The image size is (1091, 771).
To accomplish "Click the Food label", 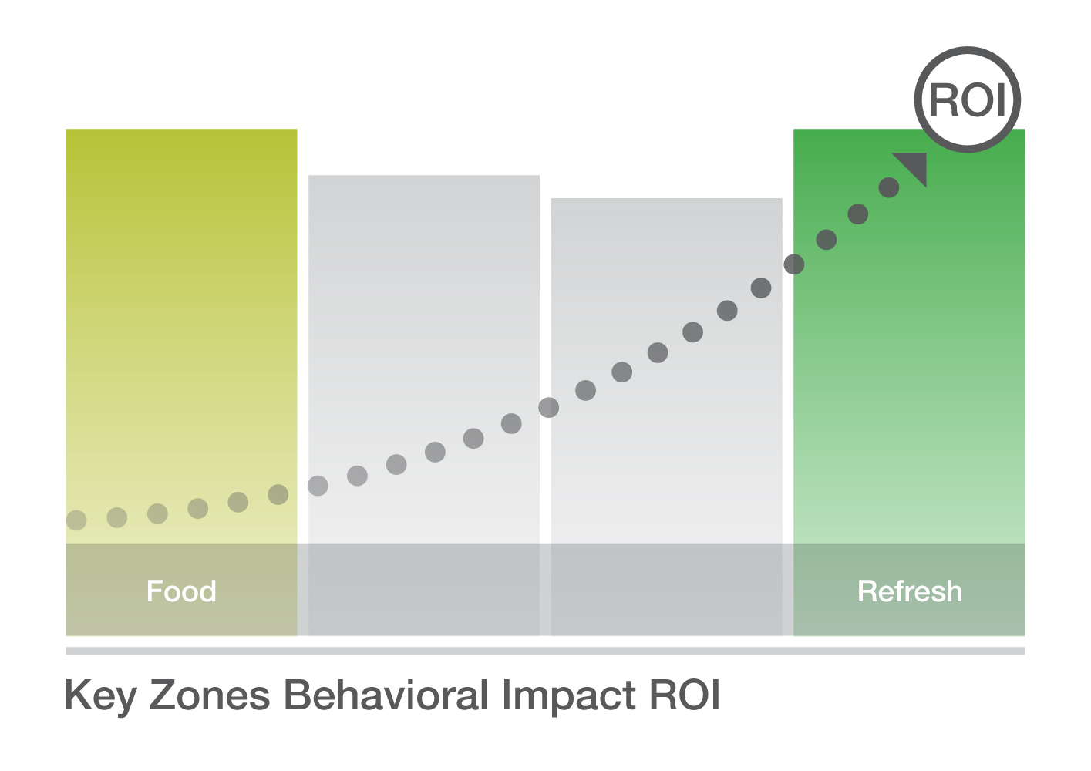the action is tap(181, 591).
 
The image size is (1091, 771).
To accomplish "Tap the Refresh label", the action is tap(909, 591).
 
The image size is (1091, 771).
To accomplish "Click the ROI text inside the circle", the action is tap(968, 100).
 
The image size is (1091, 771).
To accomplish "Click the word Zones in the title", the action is tap(210, 695).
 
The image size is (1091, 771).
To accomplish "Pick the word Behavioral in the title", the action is tap(386, 695).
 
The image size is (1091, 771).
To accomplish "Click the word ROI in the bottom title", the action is tap(685, 695).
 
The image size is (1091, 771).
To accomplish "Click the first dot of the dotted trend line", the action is tap(76, 520).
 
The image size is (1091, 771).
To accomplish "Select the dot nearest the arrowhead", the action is tap(888, 187).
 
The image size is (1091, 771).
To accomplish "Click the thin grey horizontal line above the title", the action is tap(545, 651).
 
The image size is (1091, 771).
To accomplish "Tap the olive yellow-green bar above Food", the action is tap(181, 336).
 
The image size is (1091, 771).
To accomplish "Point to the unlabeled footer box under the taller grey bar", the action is tap(424, 589).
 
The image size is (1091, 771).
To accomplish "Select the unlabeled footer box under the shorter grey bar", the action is tap(666, 589).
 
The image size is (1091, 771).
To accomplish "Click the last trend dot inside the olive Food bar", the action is tap(278, 495).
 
